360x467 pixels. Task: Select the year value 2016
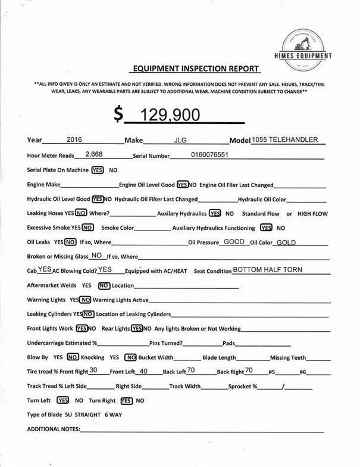(74, 140)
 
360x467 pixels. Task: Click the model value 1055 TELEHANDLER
(284, 140)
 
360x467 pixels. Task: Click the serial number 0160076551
(209, 154)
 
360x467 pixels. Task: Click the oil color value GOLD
(286, 242)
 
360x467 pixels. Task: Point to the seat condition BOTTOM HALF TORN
(267, 270)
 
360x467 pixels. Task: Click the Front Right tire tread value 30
(93, 371)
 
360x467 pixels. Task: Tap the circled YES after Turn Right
(126, 401)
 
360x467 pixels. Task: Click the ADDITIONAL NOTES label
(54, 429)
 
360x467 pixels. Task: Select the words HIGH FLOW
(312, 213)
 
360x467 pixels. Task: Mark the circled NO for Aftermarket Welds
(105, 285)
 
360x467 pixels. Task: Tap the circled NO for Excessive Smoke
(87, 228)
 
